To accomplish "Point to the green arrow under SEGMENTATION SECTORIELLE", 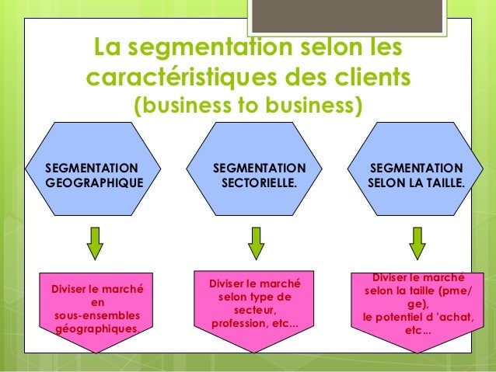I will click(x=256, y=243).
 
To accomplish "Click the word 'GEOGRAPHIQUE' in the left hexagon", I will click(x=94, y=185).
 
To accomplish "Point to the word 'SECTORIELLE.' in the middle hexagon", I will click(x=259, y=185).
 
